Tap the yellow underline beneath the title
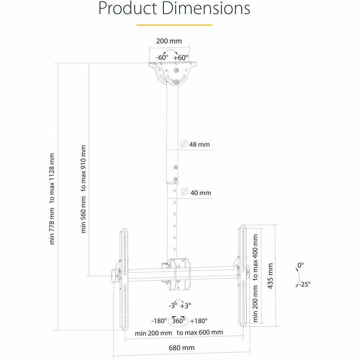(x=174, y=25)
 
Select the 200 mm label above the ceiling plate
(x=168, y=41)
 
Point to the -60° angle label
(x=162, y=57)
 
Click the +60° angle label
(x=181, y=57)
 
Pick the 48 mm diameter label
(x=199, y=144)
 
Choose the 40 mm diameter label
(x=200, y=193)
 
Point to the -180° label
(x=159, y=321)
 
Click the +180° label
(x=199, y=321)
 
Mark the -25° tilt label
(x=304, y=284)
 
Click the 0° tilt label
(x=300, y=265)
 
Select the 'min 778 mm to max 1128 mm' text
(x=52, y=198)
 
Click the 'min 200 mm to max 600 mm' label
(x=179, y=332)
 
